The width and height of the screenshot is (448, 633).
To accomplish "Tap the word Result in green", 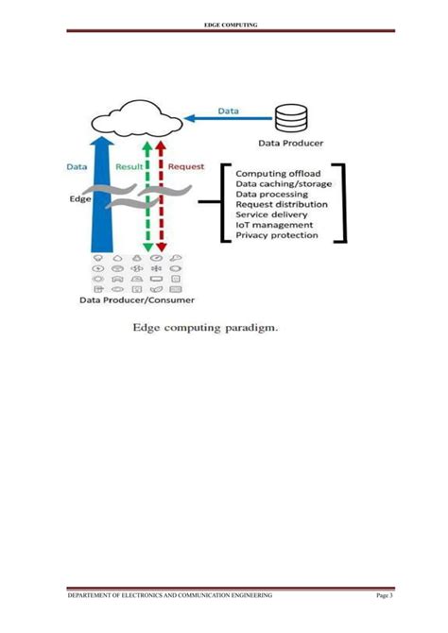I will click(x=129, y=166).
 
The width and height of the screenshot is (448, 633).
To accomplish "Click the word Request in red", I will click(x=186, y=166).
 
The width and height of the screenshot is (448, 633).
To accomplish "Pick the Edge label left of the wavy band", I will click(x=80, y=200).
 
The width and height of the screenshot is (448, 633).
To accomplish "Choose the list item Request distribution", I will click(x=282, y=204).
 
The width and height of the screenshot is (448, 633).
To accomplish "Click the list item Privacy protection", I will click(x=277, y=235).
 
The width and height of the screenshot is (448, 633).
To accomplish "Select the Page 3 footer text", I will click(x=383, y=595).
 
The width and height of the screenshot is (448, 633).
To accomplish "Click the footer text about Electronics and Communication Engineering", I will click(x=169, y=595).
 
